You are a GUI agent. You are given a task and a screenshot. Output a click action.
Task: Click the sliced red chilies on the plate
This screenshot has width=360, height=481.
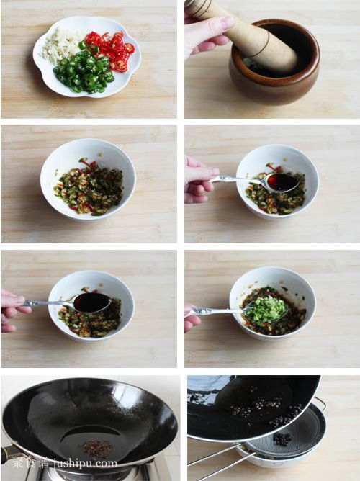click(112, 50)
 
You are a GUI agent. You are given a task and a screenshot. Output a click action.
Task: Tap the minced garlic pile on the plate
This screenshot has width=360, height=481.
click(63, 45)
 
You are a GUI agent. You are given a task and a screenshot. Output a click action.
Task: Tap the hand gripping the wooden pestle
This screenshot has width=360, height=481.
click(205, 32)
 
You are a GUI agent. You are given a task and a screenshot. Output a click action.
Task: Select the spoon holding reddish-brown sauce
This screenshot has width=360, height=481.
click(282, 181)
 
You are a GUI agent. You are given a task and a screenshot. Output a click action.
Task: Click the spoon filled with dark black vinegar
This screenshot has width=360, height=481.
click(91, 302)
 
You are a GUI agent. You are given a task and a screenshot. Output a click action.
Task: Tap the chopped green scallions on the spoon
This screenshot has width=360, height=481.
click(267, 309)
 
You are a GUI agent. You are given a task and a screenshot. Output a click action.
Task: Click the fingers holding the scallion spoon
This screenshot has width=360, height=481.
click(192, 317)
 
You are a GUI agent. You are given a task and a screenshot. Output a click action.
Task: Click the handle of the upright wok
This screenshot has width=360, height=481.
click(9, 454)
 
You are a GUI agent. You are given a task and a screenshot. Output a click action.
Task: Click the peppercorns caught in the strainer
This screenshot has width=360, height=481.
click(282, 438)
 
